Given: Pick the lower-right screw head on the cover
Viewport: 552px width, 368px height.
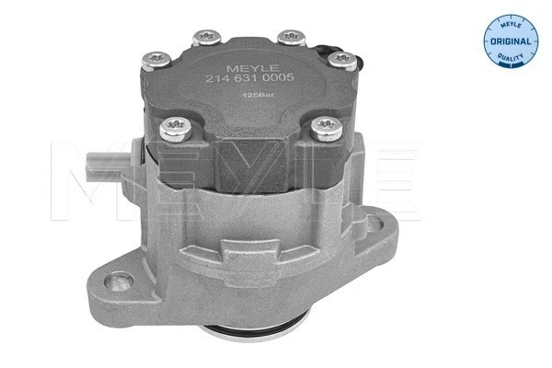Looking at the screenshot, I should click(325, 125).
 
